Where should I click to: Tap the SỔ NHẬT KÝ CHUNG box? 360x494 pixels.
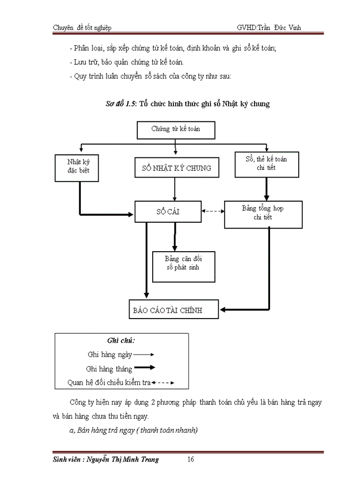176,168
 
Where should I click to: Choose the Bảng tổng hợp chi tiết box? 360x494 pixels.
263,214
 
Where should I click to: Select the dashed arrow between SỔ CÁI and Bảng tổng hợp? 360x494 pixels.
213,211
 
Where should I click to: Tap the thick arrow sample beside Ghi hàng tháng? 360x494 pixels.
145,368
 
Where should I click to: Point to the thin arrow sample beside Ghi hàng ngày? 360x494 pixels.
144,355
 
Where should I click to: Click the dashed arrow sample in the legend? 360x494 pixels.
164,383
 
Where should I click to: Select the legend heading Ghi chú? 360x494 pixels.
121,341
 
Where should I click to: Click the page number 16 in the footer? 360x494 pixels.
190,460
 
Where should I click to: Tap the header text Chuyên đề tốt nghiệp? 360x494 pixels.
82,27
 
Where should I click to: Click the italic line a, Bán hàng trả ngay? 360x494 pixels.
133,430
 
